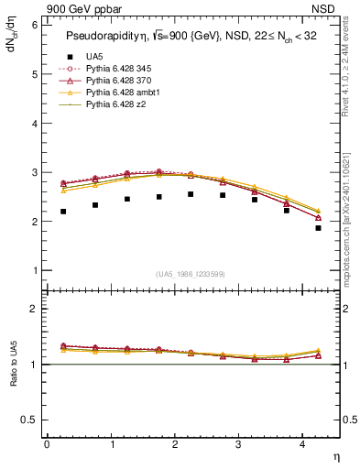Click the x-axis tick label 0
click(47, 444)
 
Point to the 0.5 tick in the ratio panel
click(31, 420)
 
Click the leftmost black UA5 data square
click(63, 212)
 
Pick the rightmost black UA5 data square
click(318, 228)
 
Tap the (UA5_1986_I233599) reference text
click(192, 274)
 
